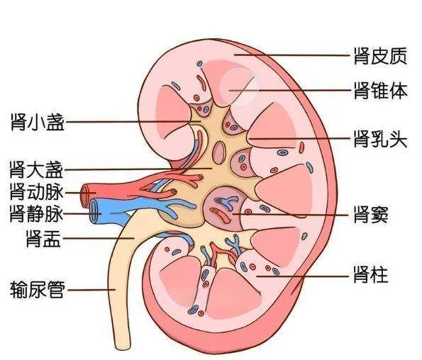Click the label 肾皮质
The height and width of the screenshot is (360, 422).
pos(380,56)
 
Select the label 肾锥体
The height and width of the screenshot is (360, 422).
pos(380,91)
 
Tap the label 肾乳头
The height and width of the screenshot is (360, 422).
pos(380,139)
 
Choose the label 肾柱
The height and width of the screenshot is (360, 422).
pos(371,274)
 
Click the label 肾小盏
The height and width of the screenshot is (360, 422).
pos(38,122)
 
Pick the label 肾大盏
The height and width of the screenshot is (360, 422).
pos(36,169)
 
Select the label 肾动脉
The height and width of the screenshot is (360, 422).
pos(36,192)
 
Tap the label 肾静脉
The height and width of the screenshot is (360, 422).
pos(36,213)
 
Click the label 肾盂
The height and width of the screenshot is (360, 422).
pos(43,238)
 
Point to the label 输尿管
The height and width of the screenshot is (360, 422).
pos(38,289)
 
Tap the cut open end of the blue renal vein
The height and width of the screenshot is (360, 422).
pos(94,211)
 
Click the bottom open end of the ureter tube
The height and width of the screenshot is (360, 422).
pos(122,347)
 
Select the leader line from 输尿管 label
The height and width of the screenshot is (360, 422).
pos(91,290)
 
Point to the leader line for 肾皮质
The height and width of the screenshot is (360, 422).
pos(292,55)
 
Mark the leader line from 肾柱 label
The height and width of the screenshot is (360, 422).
pos(301,276)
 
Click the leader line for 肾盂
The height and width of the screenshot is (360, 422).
pos(99,238)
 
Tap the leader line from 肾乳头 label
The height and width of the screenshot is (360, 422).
pos(299,139)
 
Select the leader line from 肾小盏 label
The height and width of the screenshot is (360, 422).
pos(133,121)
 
